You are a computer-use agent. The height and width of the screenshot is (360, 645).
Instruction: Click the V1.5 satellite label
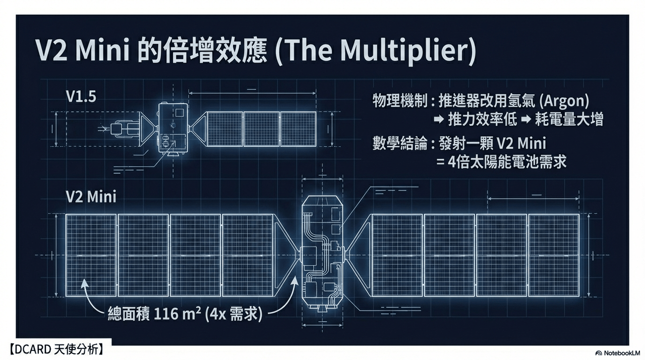81,97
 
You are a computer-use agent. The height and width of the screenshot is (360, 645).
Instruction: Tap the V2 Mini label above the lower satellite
91,197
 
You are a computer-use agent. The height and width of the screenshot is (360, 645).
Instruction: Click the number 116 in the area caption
166,314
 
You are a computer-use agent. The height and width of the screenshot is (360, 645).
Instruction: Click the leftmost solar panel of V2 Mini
91,255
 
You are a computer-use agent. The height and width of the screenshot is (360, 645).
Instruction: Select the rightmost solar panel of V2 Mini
554,255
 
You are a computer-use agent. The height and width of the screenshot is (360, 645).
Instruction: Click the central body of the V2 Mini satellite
322,254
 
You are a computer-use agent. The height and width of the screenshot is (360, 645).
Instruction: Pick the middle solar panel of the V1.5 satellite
261,129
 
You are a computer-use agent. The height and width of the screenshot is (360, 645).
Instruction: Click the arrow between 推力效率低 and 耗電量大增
525,119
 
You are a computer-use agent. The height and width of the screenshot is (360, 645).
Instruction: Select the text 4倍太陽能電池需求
507,162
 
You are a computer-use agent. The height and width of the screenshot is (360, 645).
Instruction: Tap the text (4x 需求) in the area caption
233,314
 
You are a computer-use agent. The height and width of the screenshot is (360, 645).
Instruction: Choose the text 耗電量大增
569,119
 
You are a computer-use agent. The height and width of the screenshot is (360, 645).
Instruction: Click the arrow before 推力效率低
439,119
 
